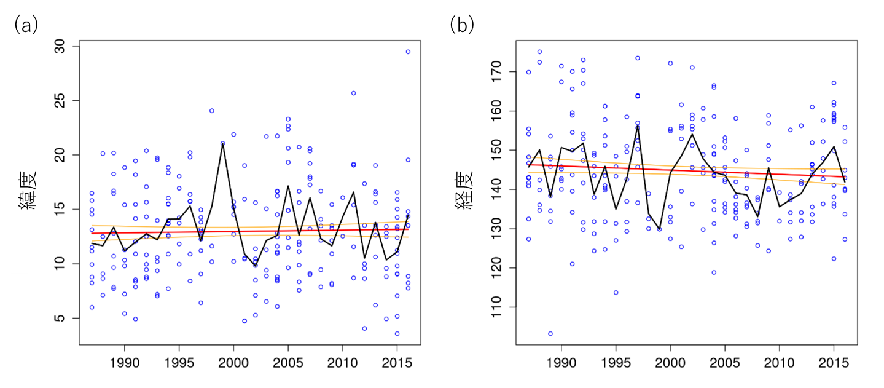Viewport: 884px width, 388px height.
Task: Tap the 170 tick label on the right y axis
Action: [495, 72]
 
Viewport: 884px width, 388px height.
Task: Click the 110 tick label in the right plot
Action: [495, 307]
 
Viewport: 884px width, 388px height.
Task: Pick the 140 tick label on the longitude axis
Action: [495, 189]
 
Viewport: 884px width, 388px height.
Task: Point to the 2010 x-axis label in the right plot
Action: [779, 363]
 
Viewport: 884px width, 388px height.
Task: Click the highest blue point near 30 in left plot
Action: [408, 52]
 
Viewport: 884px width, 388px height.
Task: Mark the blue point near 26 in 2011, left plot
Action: [353, 93]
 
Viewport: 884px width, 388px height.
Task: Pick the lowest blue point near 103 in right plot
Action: [550, 333]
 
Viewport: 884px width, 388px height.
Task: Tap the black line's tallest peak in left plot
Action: [222, 143]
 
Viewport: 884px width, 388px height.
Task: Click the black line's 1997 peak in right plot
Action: [638, 126]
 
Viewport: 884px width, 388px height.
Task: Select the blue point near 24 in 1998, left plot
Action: [211, 111]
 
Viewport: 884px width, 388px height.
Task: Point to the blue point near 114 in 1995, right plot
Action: [616, 292]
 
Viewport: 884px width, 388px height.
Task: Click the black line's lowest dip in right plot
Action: [659, 229]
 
